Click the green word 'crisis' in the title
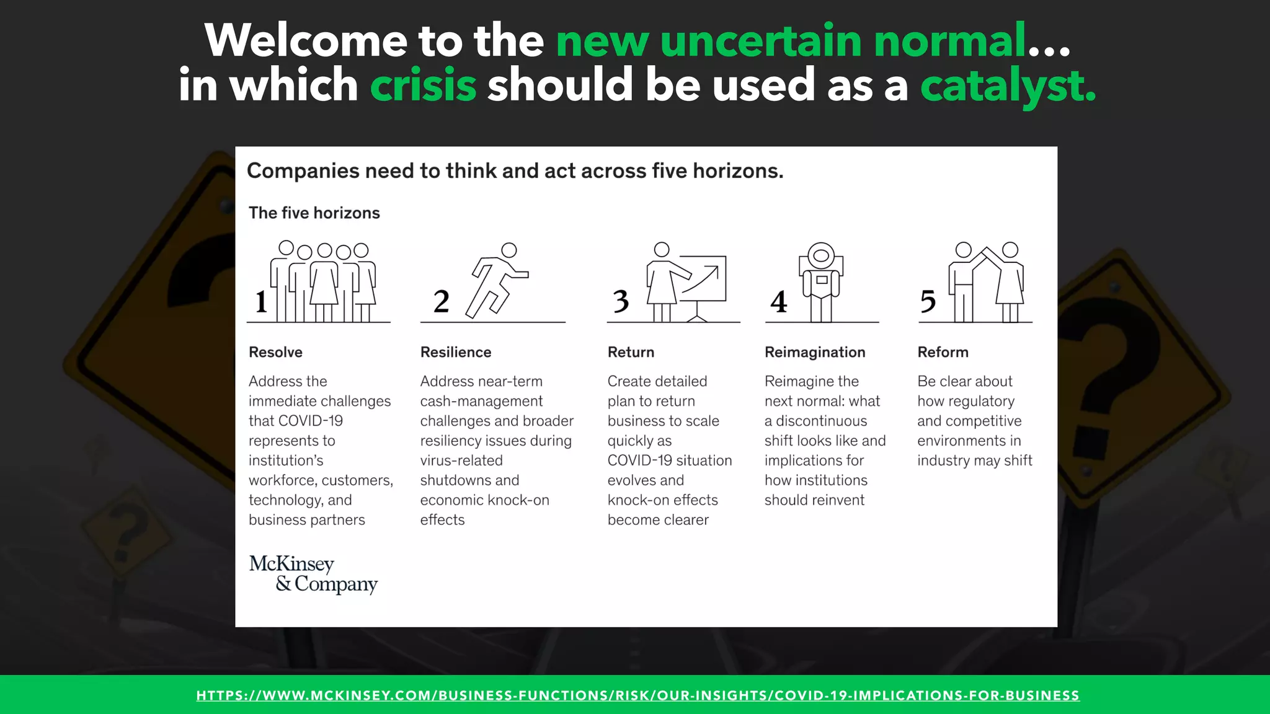[423, 85]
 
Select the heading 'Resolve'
[275, 352]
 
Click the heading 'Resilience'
[456, 352]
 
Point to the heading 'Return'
[631, 352]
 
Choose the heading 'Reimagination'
[815, 352]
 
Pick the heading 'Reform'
[943, 352]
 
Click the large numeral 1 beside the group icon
[261, 302]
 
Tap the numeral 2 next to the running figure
[441, 302]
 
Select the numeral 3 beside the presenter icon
[621, 302]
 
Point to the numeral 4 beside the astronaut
[778, 302]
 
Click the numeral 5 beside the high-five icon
[928, 302]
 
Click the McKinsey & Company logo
[313, 574]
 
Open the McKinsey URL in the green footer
[637, 695]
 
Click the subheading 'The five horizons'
[314, 213]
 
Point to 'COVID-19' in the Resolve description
[311, 421]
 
